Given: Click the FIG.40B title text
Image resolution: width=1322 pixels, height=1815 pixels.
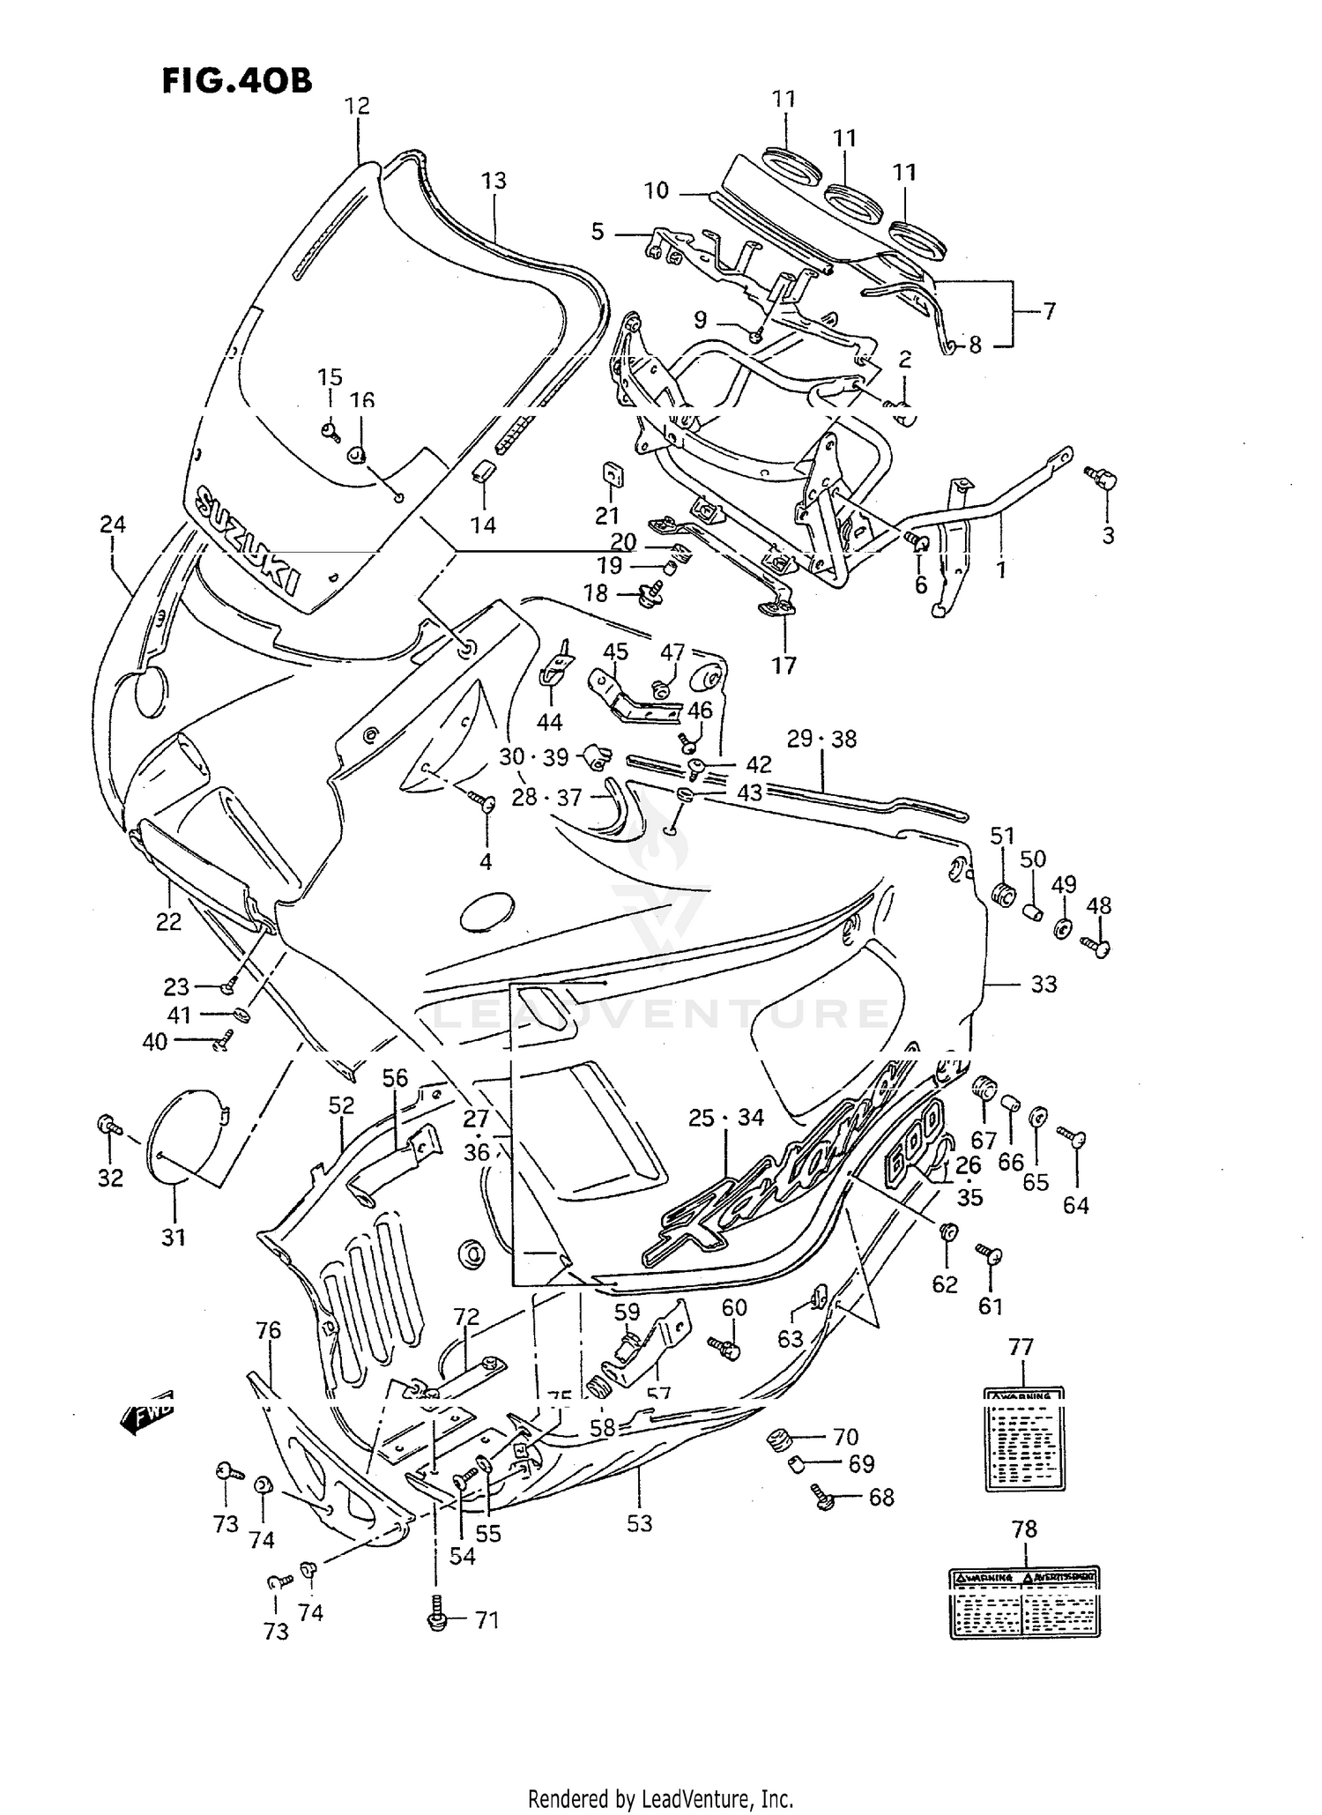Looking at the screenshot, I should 236,81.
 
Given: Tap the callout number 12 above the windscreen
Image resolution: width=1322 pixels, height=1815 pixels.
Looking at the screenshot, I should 357,106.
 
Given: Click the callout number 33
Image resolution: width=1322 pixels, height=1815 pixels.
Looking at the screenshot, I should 1043,984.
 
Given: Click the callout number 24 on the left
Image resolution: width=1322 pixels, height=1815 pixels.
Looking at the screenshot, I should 113,524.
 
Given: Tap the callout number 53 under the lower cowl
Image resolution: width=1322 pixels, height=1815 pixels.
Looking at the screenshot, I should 639,1522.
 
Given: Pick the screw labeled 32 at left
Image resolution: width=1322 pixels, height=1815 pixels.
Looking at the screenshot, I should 108,1126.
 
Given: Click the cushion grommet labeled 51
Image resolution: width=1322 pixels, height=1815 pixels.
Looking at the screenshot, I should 1002,893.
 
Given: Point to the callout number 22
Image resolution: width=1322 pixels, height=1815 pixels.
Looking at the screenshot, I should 168,921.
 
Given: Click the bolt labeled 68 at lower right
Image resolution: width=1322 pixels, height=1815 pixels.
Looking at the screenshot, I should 825,1498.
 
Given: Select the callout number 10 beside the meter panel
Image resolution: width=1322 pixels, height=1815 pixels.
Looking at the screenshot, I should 657,190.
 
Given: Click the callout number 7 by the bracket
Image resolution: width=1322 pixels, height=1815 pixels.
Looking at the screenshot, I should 1049,310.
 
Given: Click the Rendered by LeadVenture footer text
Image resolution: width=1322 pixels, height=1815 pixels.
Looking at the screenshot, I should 660,1798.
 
